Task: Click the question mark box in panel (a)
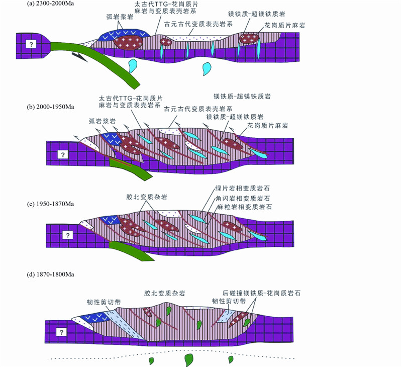(x=32, y=45)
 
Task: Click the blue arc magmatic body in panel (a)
(x=117, y=33)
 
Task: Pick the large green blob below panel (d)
(x=189, y=359)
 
